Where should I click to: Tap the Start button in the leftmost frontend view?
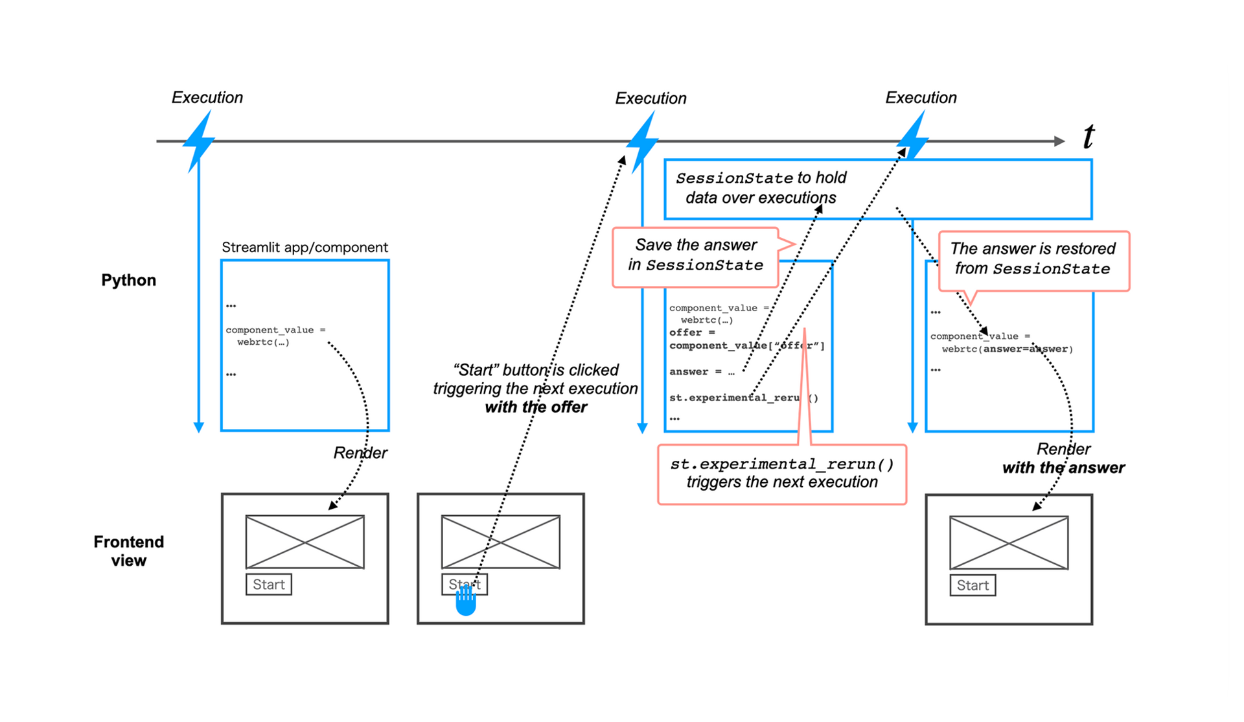(269, 585)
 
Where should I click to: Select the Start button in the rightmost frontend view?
(973, 585)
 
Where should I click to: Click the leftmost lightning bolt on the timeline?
(199, 141)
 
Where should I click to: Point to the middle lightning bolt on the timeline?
(643, 141)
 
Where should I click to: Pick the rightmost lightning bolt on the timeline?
(914, 137)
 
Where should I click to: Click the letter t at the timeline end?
(1088, 137)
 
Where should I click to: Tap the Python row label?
(128, 280)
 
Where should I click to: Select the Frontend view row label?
(128, 551)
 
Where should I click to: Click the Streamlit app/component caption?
(305, 248)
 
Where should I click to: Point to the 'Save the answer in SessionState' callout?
(696, 255)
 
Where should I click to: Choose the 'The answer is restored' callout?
(1033, 259)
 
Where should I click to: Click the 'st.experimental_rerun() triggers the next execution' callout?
(782, 473)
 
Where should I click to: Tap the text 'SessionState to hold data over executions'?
(761, 188)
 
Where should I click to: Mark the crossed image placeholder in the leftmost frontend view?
(305, 542)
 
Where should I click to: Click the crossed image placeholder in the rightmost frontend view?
(1008, 542)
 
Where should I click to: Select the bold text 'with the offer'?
(536, 408)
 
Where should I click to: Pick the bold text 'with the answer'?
(1063, 468)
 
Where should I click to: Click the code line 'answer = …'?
(702, 372)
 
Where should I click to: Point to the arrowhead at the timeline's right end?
(1059, 141)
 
